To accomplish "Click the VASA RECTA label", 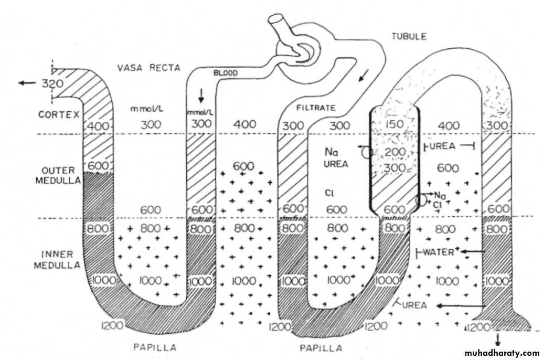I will [x=148, y=67].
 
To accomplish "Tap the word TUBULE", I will [x=409, y=36].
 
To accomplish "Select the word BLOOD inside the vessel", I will [x=224, y=73].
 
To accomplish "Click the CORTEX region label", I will [x=58, y=114].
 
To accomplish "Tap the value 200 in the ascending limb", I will [x=395, y=152].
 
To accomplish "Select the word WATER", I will [x=439, y=252].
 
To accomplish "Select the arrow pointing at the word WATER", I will [x=472, y=252].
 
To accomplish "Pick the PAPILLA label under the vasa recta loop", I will [x=155, y=347].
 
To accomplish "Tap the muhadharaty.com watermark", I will [x=501, y=353].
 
